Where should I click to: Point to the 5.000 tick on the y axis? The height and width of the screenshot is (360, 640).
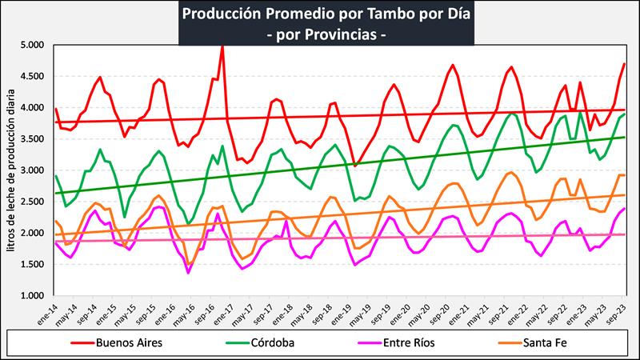pos(34,45)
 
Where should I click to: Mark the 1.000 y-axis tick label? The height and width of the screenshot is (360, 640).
pos(34,296)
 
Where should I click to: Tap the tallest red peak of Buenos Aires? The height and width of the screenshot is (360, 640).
pos(222,46)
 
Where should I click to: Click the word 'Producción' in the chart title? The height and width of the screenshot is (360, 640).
pos(221,14)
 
